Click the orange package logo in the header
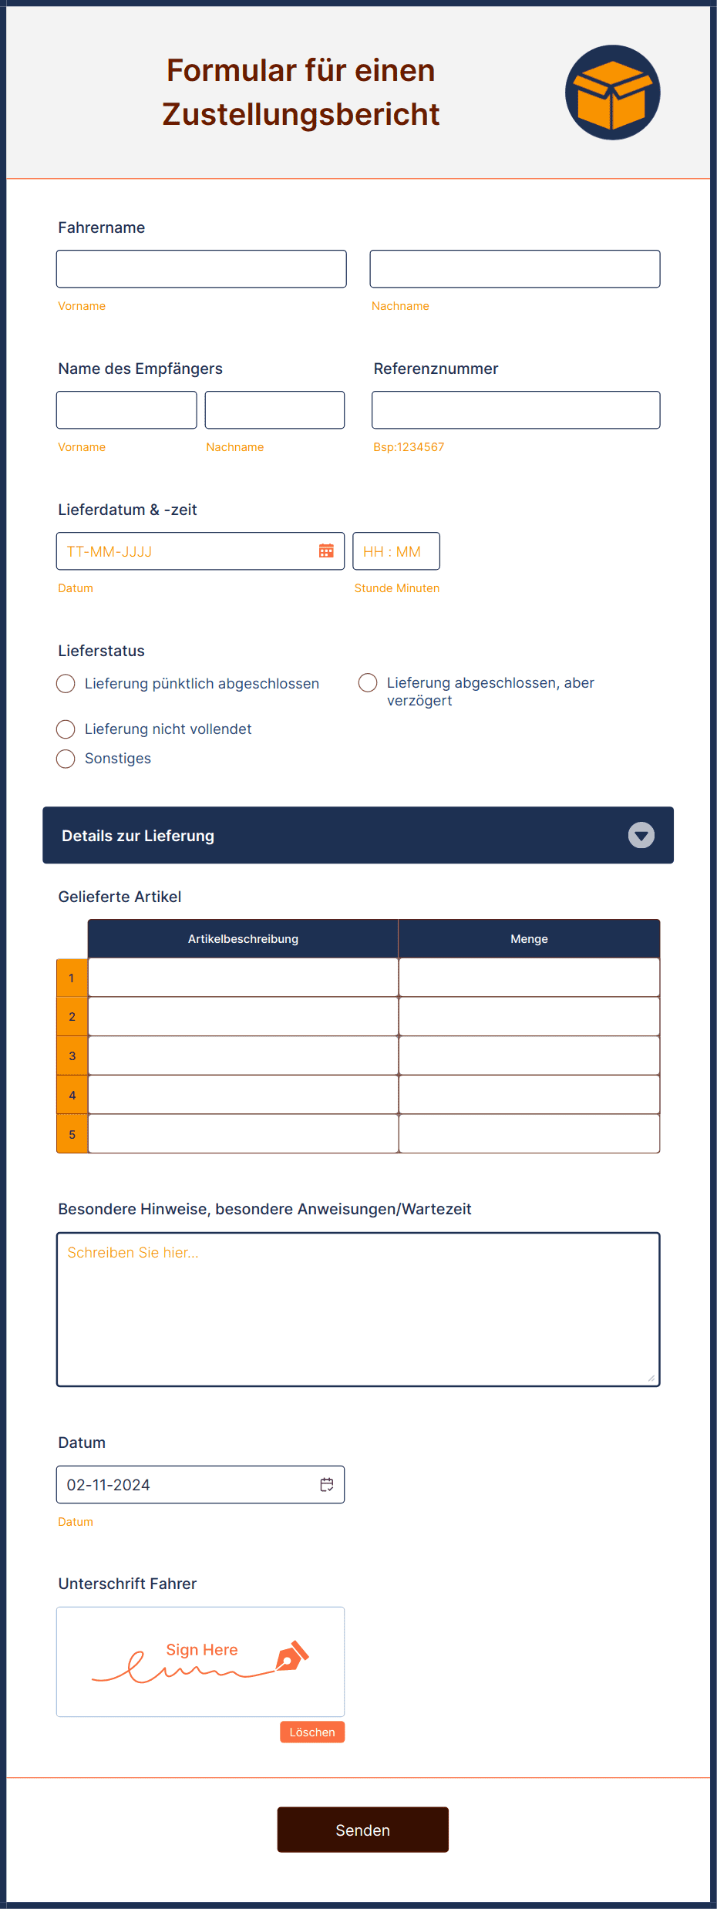612,93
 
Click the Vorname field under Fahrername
201,269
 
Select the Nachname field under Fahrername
514,269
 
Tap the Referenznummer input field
515,410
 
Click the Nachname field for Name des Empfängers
274,410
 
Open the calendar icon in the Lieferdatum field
326,551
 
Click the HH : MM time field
396,551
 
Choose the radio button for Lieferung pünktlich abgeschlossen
66,684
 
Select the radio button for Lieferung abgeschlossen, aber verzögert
368,683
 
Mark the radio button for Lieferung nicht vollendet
66,729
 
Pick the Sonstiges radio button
66,759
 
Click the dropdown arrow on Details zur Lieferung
641,835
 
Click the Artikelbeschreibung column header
243,939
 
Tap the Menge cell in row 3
529,1056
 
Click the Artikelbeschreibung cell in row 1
243,978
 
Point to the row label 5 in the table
72,1134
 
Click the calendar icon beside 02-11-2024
327,1485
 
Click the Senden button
362,1830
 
